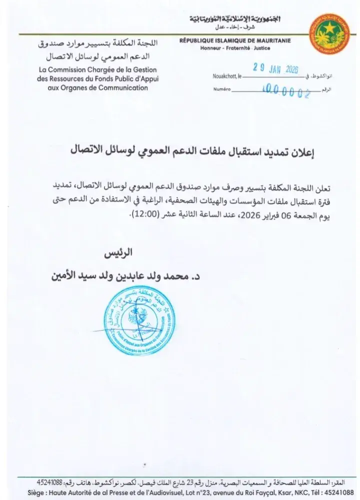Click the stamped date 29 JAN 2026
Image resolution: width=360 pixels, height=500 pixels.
(x=275, y=69)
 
